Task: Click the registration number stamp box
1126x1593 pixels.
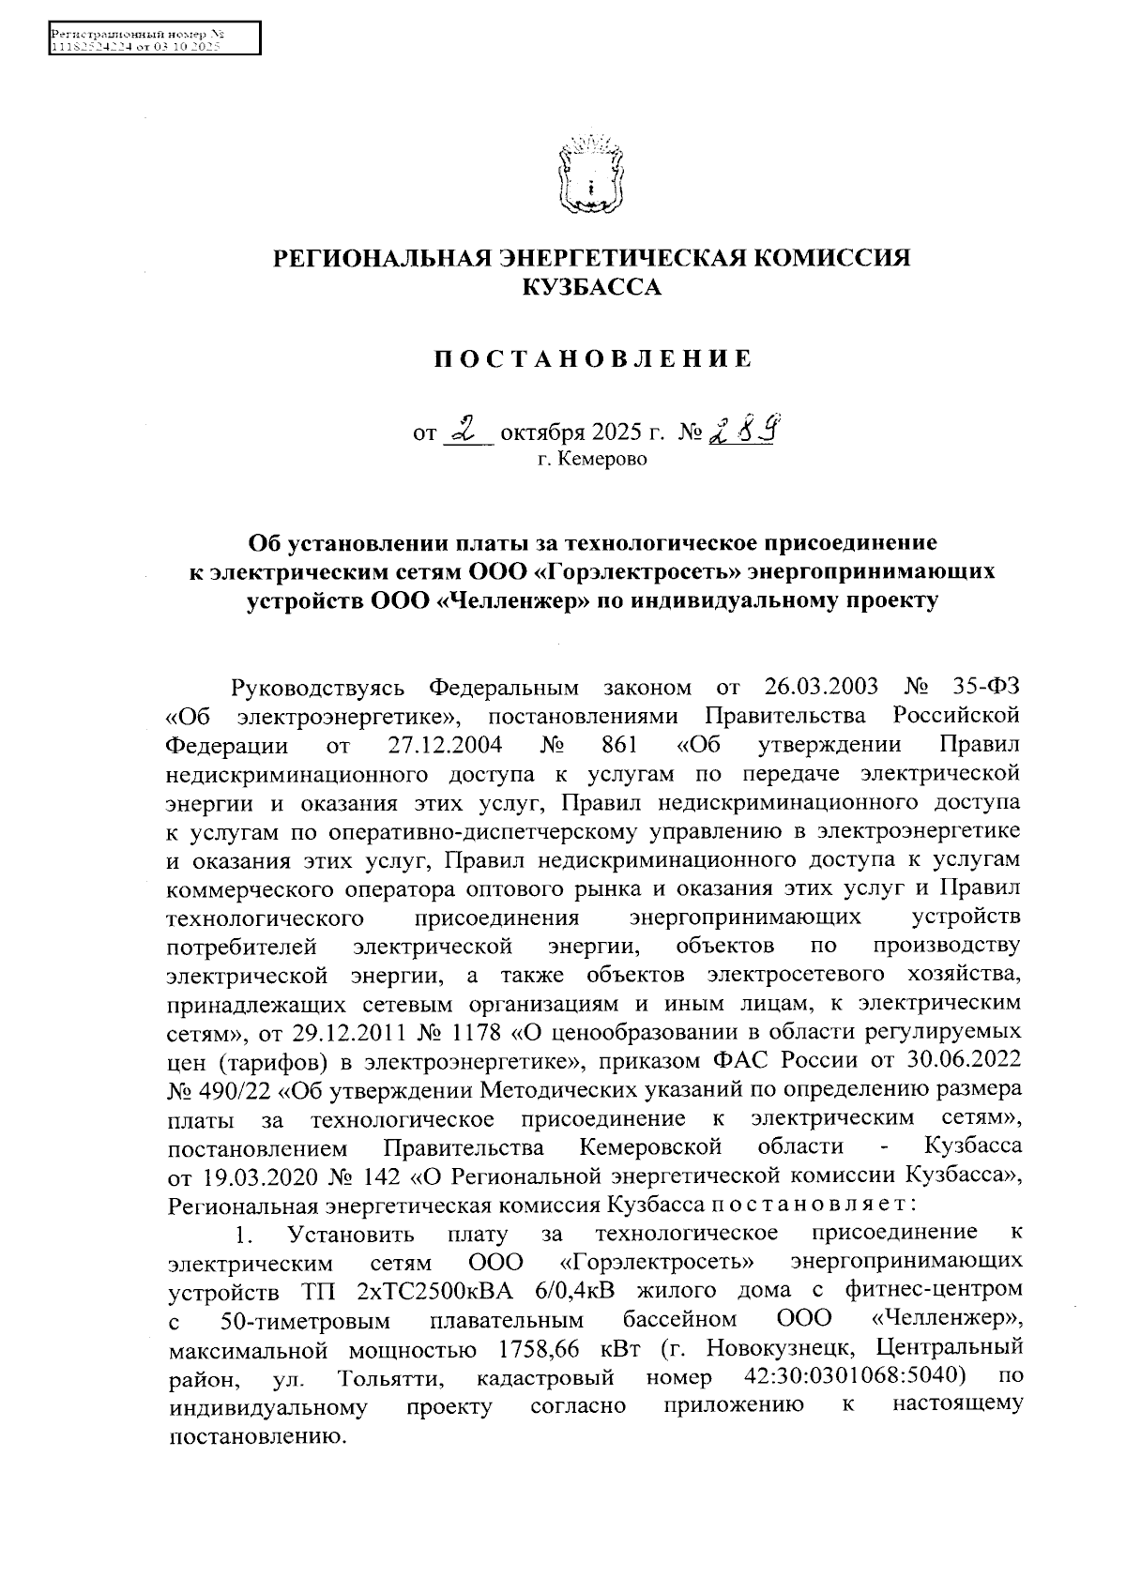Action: click(x=153, y=39)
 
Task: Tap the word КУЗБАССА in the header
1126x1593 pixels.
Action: click(x=591, y=287)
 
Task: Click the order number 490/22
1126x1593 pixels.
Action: click(x=227, y=1090)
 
